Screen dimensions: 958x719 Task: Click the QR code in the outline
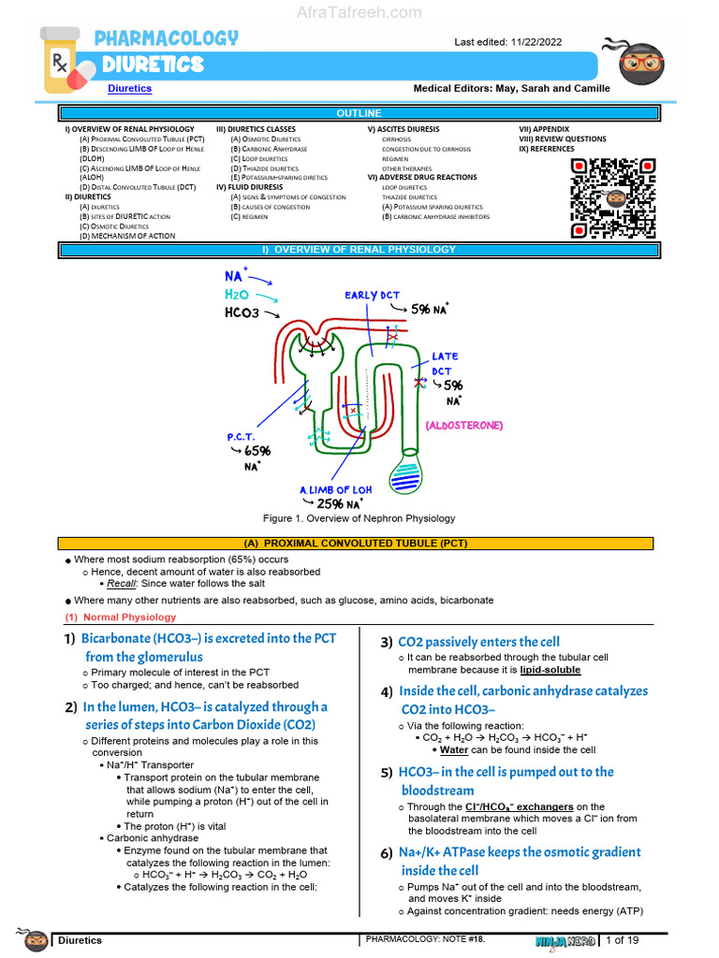(x=612, y=198)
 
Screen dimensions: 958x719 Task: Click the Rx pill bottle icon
(x=66, y=63)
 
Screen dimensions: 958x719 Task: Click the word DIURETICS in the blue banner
(x=153, y=65)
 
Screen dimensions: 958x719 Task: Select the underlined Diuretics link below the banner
(x=129, y=89)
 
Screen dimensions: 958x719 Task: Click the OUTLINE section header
(x=359, y=113)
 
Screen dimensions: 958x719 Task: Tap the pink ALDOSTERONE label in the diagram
(x=463, y=425)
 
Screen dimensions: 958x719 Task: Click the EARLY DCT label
(x=372, y=296)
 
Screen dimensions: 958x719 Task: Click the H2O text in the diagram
(x=237, y=295)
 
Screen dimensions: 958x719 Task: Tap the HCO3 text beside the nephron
(x=242, y=313)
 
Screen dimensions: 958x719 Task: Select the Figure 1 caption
(x=359, y=518)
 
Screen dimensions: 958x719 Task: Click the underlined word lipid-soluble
(x=550, y=670)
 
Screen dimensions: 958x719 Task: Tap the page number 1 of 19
(x=623, y=939)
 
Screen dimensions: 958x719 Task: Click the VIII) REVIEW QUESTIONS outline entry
(x=563, y=139)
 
